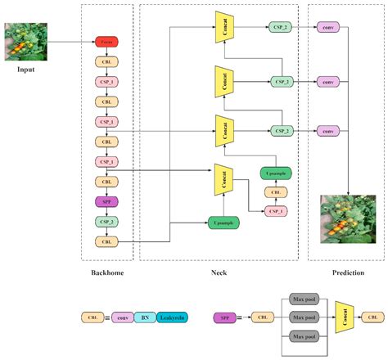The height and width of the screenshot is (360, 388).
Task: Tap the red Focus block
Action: point(106,41)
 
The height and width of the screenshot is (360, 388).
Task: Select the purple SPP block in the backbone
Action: point(106,201)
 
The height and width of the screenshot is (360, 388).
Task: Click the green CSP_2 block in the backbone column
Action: point(106,222)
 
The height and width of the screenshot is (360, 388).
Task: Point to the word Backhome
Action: point(107,272)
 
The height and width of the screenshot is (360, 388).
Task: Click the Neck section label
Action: point(219,272)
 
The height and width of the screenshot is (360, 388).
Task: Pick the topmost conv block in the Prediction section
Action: point(329,28)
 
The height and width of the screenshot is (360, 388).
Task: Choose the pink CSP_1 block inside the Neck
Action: point(274,211)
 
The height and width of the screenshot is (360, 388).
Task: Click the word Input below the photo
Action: point(25,70)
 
